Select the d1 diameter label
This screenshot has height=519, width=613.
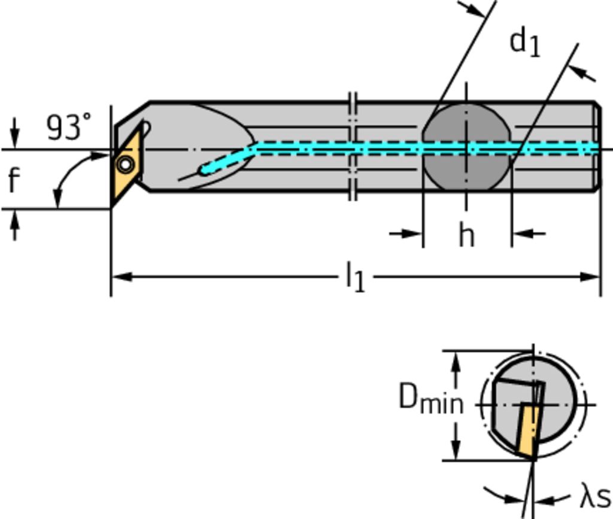coord(524,43)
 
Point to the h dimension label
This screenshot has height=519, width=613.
coord(466,235)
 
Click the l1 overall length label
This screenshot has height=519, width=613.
coord(355,278)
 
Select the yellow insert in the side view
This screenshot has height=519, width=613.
coord(127,165)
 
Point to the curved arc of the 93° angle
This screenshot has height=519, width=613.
coord(69,174)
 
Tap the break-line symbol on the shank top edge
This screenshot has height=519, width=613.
coord(353,102)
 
